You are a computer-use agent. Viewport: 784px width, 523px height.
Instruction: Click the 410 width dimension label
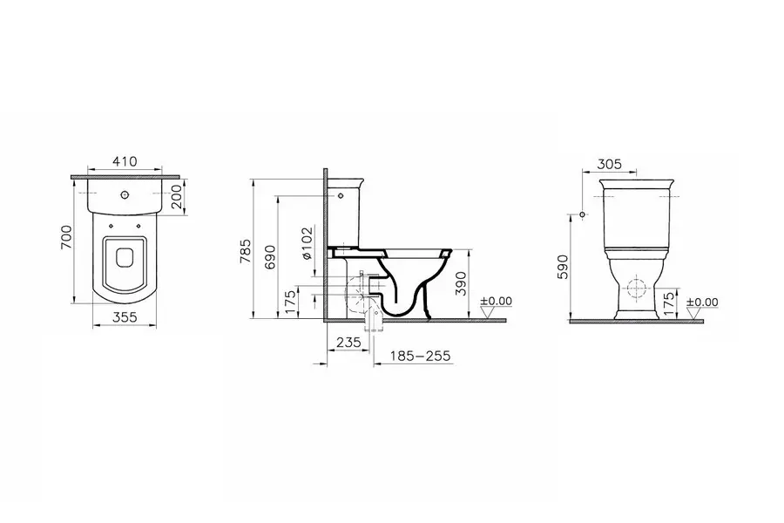125,161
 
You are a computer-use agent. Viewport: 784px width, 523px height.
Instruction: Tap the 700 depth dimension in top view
66,237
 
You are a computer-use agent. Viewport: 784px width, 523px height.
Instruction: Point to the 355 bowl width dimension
125,317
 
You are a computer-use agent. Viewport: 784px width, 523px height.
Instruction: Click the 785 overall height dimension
246,251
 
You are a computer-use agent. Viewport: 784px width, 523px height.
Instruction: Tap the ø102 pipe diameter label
307,243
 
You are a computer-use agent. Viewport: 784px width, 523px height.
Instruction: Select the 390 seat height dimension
461,283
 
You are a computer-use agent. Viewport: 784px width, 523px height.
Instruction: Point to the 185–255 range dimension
420,356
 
